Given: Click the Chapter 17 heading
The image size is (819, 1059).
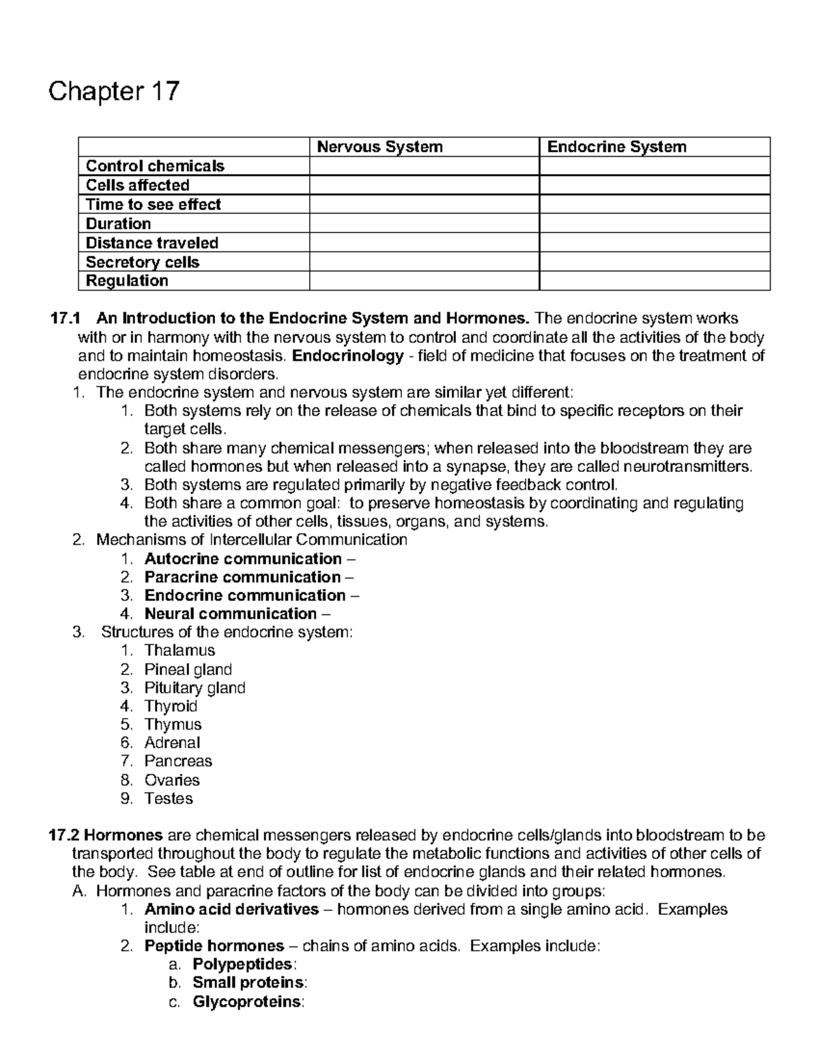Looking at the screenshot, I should pos(113,91).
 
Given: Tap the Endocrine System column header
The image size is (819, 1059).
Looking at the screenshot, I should pos(616,147).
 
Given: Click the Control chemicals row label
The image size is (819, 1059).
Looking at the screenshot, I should pos(155,166).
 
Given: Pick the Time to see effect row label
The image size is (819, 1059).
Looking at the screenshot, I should pos(153,205).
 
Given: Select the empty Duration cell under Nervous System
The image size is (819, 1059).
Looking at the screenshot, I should pos(424,224).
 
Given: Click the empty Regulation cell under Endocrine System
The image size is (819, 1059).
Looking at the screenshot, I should pos(654,281).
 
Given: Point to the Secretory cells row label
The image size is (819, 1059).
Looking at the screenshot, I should pos(142,262).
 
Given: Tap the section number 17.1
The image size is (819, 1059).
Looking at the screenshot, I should pos(66,318).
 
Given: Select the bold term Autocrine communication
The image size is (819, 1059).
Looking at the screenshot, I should pos(243,559).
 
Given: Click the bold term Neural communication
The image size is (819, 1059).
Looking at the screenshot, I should pos(231,614).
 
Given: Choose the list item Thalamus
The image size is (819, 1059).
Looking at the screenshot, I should pos(179,651).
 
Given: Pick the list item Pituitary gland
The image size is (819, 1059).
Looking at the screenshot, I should pos(195,688).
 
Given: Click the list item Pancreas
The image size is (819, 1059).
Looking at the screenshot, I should pos(178,761).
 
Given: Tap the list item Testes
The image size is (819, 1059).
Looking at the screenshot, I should pos(169,799).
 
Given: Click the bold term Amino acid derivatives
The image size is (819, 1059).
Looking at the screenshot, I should pos(231,909).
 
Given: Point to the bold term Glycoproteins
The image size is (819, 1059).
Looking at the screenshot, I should pos(247,1002).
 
